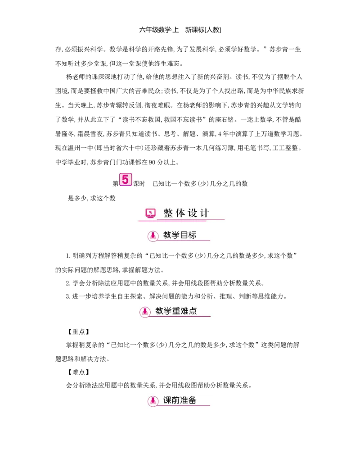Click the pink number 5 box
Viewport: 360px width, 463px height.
coord(125,179)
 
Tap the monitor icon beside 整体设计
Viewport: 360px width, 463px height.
coord(150,213)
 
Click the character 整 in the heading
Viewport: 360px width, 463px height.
coord(169,213)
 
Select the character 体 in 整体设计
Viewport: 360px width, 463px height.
coord(181,213)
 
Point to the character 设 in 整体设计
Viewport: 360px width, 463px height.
coord(193,213)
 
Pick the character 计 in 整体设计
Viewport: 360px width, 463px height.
coord(205,213)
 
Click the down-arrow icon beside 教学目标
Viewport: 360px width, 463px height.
coord(153,236)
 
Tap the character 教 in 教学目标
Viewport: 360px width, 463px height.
coord(167,235)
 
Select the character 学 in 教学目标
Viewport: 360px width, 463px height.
coord(176,235)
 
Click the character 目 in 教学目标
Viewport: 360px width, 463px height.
coord(184,235)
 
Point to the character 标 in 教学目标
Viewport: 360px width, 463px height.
coord(192,235)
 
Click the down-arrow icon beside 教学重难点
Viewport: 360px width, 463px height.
coord(145,311)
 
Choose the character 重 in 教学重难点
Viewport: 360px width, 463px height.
coord(176,311)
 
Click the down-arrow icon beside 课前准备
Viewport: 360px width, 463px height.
coord(153,401)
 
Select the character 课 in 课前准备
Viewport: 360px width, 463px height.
coord(167,400)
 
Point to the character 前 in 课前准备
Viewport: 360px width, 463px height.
coord(176,400)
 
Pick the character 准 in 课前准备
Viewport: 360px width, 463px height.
coord(184,400)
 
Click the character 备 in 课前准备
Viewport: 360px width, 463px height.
coord(192,400)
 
